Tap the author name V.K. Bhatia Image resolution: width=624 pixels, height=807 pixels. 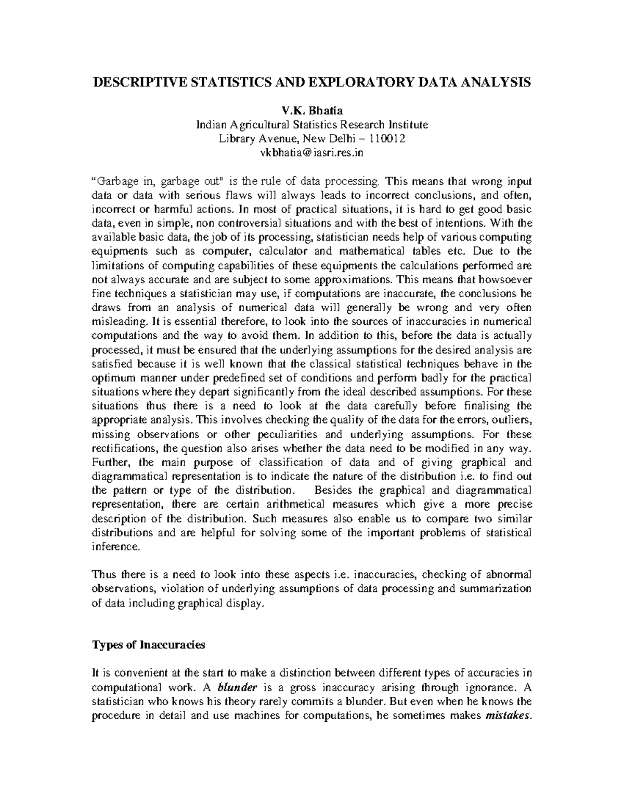312,111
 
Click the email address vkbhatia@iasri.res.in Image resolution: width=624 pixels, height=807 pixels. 312,153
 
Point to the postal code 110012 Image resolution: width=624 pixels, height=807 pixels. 387,139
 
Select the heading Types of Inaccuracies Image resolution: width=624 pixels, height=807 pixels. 148,645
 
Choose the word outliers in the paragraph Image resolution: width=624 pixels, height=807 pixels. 513,419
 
